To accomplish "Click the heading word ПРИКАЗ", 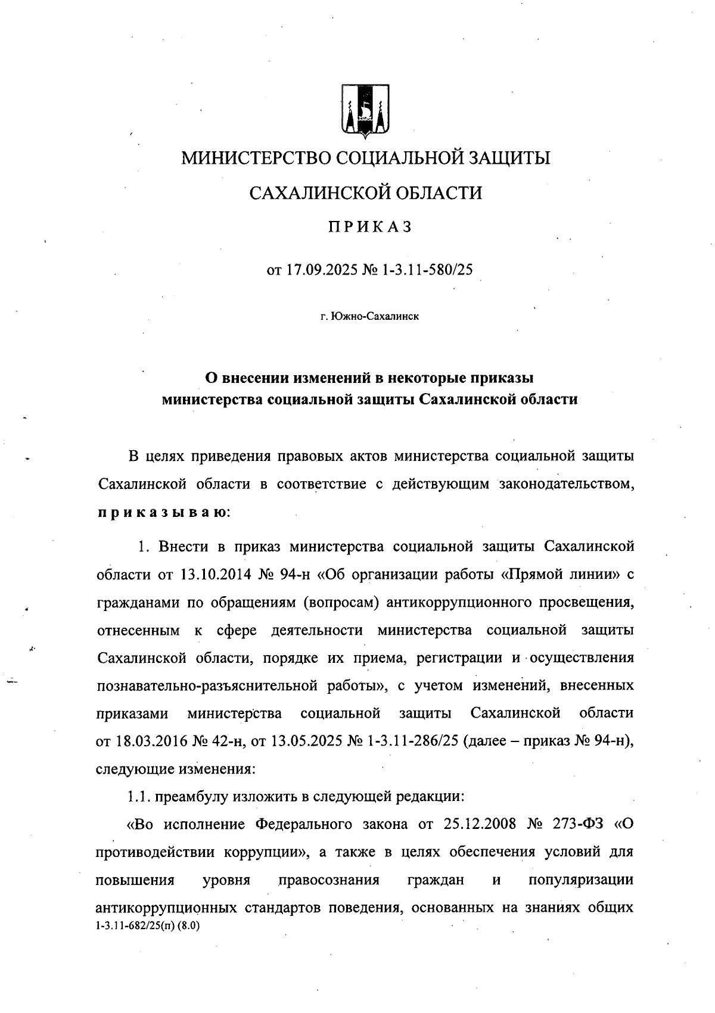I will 369,227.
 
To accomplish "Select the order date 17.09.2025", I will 321,270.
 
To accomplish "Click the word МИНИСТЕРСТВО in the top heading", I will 256,158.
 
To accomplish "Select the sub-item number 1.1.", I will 139,796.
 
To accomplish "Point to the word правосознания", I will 328,880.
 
